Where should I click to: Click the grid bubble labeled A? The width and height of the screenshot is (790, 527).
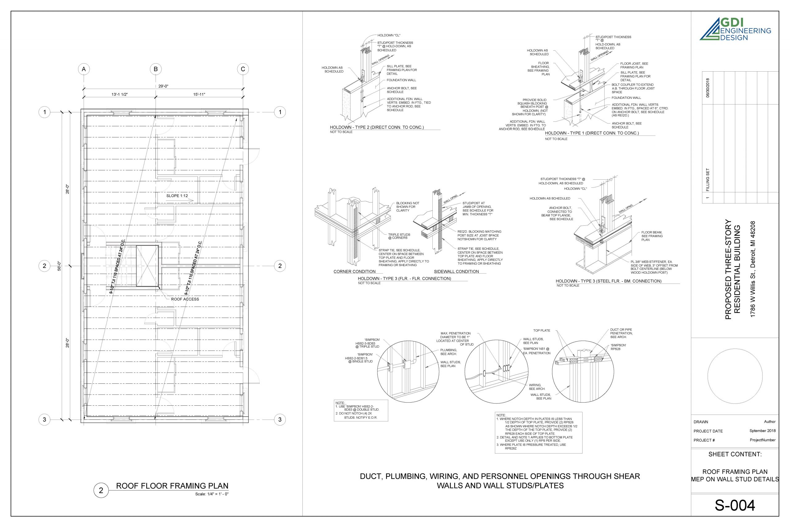(x=84, y=69)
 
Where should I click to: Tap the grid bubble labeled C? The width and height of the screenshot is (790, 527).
(x=243, y=69)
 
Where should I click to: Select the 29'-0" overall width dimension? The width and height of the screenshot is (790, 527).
(x=163, y=86)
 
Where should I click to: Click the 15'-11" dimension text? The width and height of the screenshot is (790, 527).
(x=199, y=94)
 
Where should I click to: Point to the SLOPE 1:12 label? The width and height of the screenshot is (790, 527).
(x=177, y=196)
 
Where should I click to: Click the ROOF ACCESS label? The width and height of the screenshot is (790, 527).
(x=185, y=299)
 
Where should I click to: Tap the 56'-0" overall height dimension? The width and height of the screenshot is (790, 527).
(x=59, y=266)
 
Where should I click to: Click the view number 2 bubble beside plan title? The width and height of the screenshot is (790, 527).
(x=101, y=490)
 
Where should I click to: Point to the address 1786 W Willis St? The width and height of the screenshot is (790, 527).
(x=753, y=269)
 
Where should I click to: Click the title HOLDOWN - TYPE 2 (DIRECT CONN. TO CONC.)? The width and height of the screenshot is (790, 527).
(x=377, y=128)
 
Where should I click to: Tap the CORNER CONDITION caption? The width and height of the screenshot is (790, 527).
(x=354, y=272)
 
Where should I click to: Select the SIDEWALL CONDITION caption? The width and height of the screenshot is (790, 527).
(x=456, y=272)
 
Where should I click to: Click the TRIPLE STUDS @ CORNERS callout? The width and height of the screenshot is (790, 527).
(x=399, y=236)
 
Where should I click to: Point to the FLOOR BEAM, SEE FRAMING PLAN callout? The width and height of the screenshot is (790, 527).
(x=652, y=236)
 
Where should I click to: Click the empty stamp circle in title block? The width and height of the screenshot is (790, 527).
(x=735, y=376)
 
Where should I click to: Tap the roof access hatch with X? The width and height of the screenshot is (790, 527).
(x=147, y=266)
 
